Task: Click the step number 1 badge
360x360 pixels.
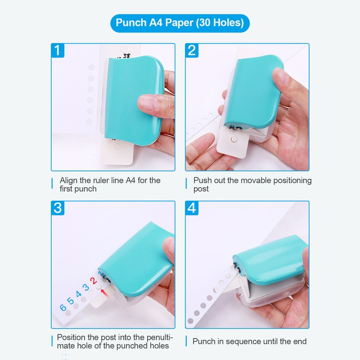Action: pos(58,50)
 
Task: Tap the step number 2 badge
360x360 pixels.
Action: pos(192,50)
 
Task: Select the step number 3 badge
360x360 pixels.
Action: pos(58,208)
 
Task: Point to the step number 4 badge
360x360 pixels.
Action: pos(192,208)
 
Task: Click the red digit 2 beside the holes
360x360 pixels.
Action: pos(93,280)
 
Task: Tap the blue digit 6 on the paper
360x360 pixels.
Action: pos(63,307)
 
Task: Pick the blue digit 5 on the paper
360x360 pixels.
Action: pos(70,300)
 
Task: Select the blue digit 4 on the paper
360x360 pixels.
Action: pos(78,294)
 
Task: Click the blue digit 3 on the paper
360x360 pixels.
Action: pos(85,287)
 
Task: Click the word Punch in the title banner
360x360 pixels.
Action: pos(131,23)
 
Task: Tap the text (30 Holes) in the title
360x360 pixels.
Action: pos(220,23)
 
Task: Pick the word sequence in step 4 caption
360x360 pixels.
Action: pos(243,342)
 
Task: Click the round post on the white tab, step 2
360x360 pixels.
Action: pos(234,139)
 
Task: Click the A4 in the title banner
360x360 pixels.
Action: pos(156,23)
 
